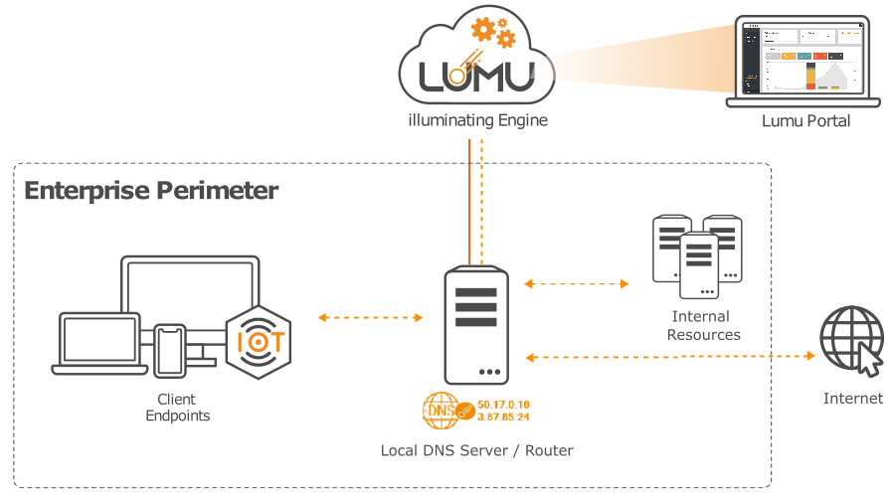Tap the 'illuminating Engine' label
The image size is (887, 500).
478,121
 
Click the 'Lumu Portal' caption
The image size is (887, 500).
805,121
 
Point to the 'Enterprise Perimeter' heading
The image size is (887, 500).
151,191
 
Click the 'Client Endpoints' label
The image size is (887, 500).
178,408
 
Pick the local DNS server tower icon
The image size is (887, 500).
476,325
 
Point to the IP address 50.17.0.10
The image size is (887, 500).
503,405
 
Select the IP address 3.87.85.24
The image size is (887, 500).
503,417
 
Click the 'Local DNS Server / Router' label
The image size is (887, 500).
477,450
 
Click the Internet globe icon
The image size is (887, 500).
851,340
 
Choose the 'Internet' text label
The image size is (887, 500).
853,399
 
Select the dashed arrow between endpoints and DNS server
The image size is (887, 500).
371,318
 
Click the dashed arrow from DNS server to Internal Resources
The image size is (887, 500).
577,284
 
